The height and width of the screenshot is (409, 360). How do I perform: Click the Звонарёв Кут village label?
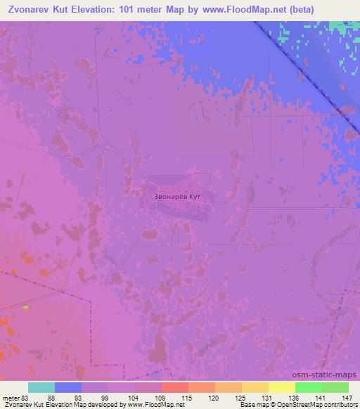pyautogui.click(x=176, y=197)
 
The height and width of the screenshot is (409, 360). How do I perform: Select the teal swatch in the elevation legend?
pyautogui.click(x=41, y=387)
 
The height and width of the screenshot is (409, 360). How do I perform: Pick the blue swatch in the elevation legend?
pyautogui.click(x=68, y=387)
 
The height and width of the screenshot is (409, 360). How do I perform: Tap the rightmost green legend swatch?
pyautogui.click(x=335, y=387)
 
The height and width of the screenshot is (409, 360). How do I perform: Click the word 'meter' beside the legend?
pyautogui.click(x=11, y=398)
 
